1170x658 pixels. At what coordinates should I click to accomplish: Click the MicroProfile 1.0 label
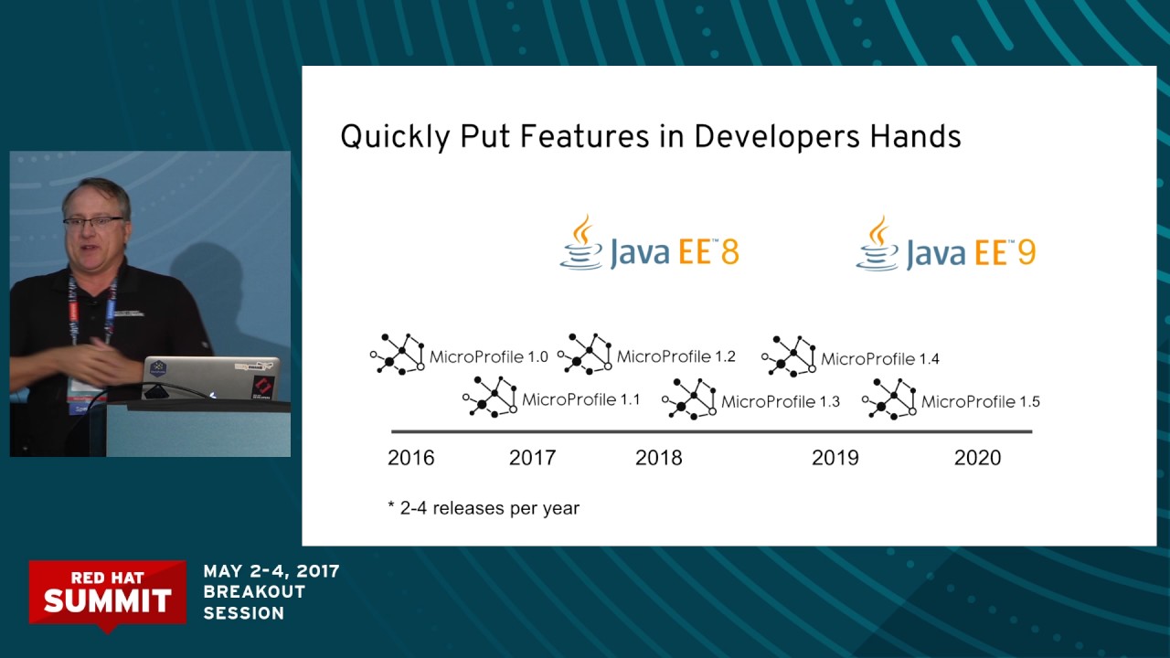pyautogui.click(x=488, y=356)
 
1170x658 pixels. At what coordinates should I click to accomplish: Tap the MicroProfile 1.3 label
pyautogui.click(x=780, y=401)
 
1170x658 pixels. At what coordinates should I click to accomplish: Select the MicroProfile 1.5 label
pyautogui.click(x=980, y=401)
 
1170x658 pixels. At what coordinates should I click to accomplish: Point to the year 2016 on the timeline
pyautogui.click(x=411, y=458)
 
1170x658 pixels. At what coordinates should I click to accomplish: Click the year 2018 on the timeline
pyautogui.click(x=658, y=458)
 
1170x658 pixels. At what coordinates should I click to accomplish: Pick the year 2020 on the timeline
pyautogui.click(x=977, y=458)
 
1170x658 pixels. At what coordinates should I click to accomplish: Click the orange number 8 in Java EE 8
pyautogui.click(x=729, y=251)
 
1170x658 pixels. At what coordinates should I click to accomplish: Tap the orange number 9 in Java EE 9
pyautogui.click(x=1026, y=251)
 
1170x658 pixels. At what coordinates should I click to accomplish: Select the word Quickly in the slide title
pyautogui.click(x=395, y=138)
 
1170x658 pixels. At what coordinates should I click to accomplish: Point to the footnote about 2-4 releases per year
pyautogui.click(x=484, y=508)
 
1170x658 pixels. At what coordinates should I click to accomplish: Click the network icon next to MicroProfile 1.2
pyautogui.click(x=585, y=354)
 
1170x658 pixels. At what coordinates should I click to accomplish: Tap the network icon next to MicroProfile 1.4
pyautogui.click(x=789, y=356)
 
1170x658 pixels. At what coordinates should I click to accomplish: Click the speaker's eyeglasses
pyautogui.click(x=92, y=221)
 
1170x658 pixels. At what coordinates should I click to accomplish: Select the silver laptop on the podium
pyautogui.click(x=211, y=377)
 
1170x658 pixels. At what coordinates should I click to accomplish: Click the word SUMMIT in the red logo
pyautogui.click(x=107, y=600)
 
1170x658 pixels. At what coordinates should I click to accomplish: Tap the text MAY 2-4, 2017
pyautogui.click(x=271, y=571)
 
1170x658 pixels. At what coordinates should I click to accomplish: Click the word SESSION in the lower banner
pyautogui.click(x=243, y=613)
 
